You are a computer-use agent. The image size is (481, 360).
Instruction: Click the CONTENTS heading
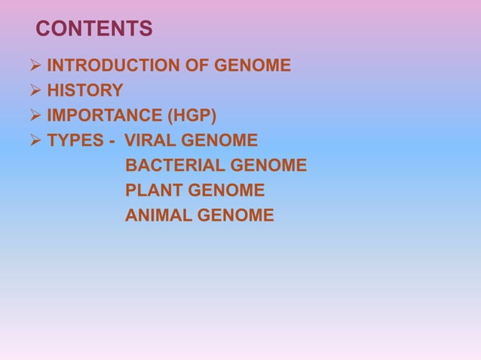(94, 29)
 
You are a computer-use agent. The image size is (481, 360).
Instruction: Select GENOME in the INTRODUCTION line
(253, 66)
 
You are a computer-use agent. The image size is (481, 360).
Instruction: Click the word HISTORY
(85, 91)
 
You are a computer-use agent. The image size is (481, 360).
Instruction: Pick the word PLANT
(153, 191)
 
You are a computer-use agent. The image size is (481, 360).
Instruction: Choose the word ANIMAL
(158, 216)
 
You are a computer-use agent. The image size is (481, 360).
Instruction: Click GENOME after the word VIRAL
(220, 141)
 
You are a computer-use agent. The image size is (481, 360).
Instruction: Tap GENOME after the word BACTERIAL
(269, 166)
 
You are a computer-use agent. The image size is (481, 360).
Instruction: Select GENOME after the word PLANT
(227, 191)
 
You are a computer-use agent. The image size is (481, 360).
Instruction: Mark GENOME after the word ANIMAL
(236, 216)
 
